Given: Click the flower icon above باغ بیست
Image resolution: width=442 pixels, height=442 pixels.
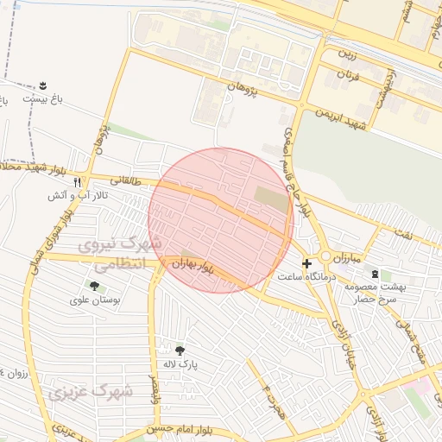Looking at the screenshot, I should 42,85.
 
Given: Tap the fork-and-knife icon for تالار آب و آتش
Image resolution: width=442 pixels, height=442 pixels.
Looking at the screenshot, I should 77,182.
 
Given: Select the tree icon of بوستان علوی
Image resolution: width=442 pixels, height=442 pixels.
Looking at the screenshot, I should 93,286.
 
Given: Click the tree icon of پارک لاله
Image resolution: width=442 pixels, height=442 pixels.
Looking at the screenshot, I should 180,350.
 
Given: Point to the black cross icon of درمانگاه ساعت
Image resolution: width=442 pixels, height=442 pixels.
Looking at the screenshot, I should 306,262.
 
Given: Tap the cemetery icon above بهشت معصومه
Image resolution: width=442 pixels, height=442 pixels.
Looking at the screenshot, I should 374,274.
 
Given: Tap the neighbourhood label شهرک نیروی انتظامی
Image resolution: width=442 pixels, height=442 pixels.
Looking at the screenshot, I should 120,256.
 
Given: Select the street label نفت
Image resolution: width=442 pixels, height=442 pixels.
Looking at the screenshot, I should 403,235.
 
